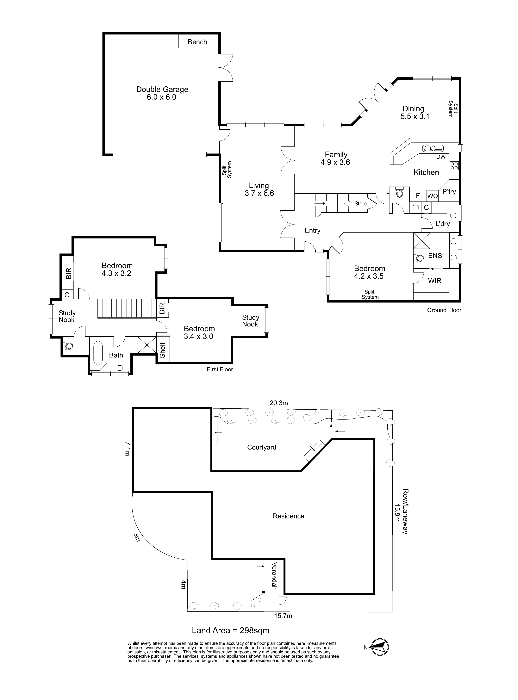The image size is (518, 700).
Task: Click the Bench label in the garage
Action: [197, 42]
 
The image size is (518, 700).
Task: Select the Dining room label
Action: [413, 109]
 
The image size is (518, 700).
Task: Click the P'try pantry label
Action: [449, 192]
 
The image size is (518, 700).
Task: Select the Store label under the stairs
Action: [361, 203]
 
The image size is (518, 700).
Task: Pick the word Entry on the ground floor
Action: [313, 230]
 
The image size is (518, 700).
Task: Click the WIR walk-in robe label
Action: [435, 281]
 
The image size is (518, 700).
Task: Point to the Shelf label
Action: [162, 350]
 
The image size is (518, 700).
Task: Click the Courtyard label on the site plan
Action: [261, 447]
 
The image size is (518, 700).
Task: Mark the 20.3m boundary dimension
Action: [279, 403]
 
